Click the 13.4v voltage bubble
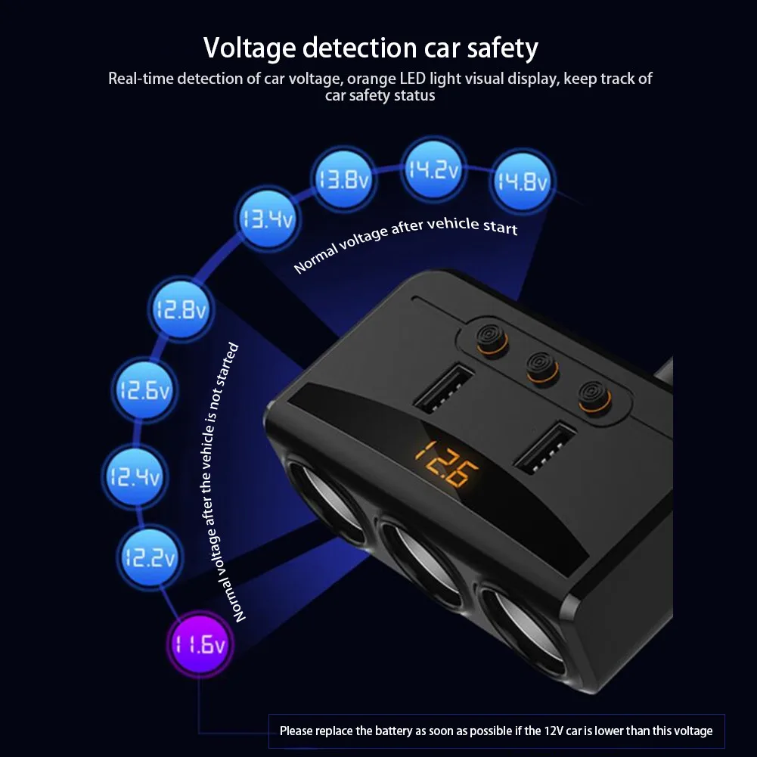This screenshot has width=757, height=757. (266, 220)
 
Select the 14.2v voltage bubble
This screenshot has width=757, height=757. (431, 170)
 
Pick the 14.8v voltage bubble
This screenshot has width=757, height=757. (521, 181)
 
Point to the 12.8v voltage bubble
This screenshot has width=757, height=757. (180, 309)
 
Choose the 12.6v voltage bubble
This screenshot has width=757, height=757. (144, 391)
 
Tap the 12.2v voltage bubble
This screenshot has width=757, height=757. (148, 558)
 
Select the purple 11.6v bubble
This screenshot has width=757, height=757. (198, 645)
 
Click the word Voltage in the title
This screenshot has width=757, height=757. (250, 48)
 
